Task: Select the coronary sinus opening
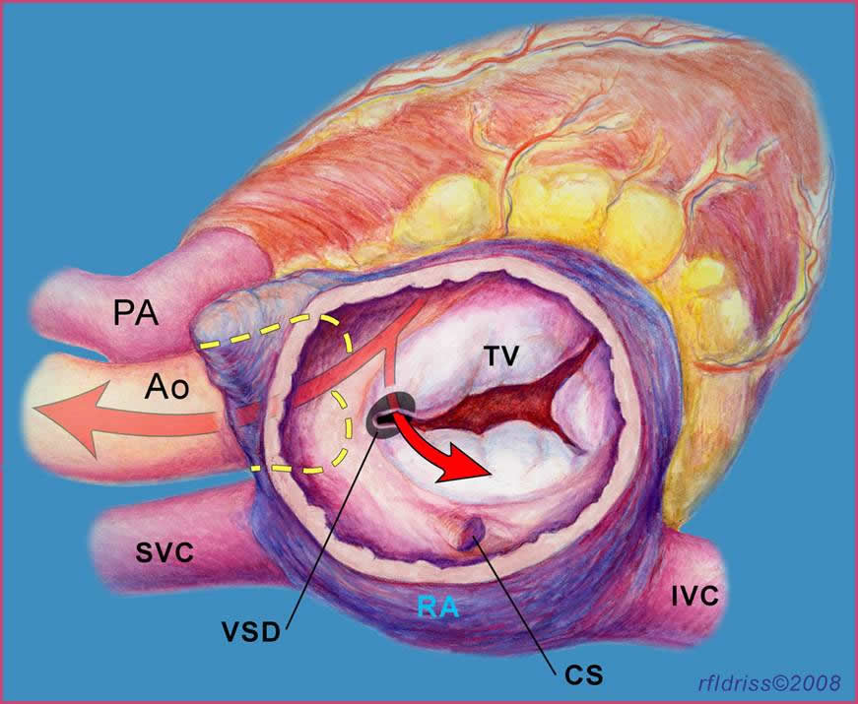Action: point(476,533)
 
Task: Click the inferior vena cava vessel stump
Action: point(699,571)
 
